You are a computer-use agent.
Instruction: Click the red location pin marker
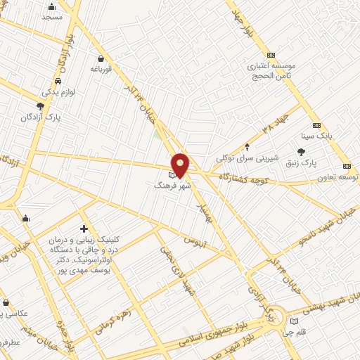tap(180, 165)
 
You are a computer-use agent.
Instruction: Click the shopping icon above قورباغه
tap(103, 58)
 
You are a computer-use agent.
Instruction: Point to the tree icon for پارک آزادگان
tap(40, 106)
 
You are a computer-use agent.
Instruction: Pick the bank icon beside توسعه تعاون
tap(347, 166)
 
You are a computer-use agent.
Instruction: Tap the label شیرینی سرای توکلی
tap(247, 158)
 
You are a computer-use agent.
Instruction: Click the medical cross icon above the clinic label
tap(84, 229)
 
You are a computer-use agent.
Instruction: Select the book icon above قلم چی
tap(293, 322)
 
